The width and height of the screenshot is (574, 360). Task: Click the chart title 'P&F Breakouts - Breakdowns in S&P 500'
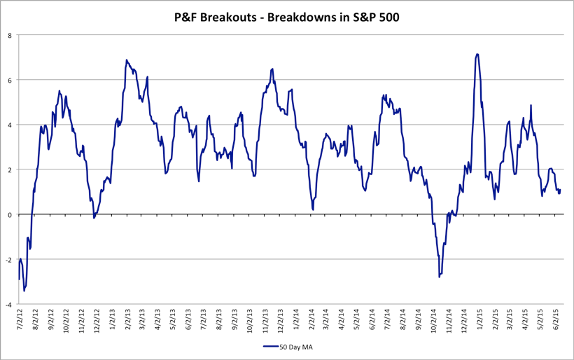(286, 17)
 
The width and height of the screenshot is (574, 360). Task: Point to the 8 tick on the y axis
(10, 35)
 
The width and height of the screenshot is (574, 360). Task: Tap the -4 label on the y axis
(8, 305)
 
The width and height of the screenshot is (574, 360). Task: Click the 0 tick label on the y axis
(10, 215)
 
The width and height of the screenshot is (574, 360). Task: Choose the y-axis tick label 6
(10, 80)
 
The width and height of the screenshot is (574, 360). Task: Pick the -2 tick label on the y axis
(8, 260)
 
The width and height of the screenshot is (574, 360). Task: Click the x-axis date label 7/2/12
(19, 323)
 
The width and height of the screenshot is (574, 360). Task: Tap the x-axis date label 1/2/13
(113, 323)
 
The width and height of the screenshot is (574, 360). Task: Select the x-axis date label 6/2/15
(557, 323)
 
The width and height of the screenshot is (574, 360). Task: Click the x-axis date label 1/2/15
(481, 323)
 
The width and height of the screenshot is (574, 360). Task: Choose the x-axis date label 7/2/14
(388, 323)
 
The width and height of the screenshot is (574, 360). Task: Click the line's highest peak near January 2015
(477, 54)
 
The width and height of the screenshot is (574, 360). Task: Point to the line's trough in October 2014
(439, 277)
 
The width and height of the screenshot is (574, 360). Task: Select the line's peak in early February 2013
(127, 60)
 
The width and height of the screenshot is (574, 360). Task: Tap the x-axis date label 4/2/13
(157, 323)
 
